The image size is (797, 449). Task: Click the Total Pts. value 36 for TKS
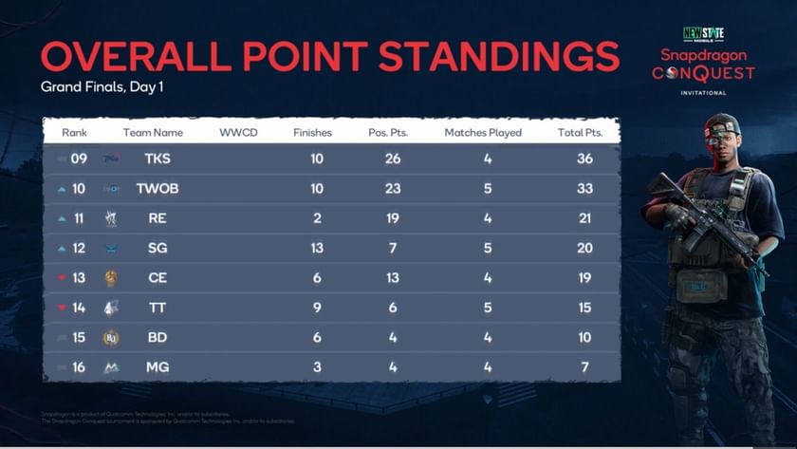click(x=584, y=159)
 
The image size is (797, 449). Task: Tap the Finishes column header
click(x=313, y=133)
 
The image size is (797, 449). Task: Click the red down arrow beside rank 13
click(x=63, y=278)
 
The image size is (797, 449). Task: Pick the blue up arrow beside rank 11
click(x=63, y=218)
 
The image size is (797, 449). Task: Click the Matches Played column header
click(x=483, y=133)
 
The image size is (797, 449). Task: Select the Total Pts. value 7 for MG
click(x=584, y=366)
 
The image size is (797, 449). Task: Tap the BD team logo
click(x=111, y=337)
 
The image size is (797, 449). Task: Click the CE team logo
click(x=111, y=278)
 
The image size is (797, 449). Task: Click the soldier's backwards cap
click(x=722, y=123)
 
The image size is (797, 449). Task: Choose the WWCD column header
click(x=238, y=133)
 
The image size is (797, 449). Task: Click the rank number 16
click(x=79, y=366)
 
